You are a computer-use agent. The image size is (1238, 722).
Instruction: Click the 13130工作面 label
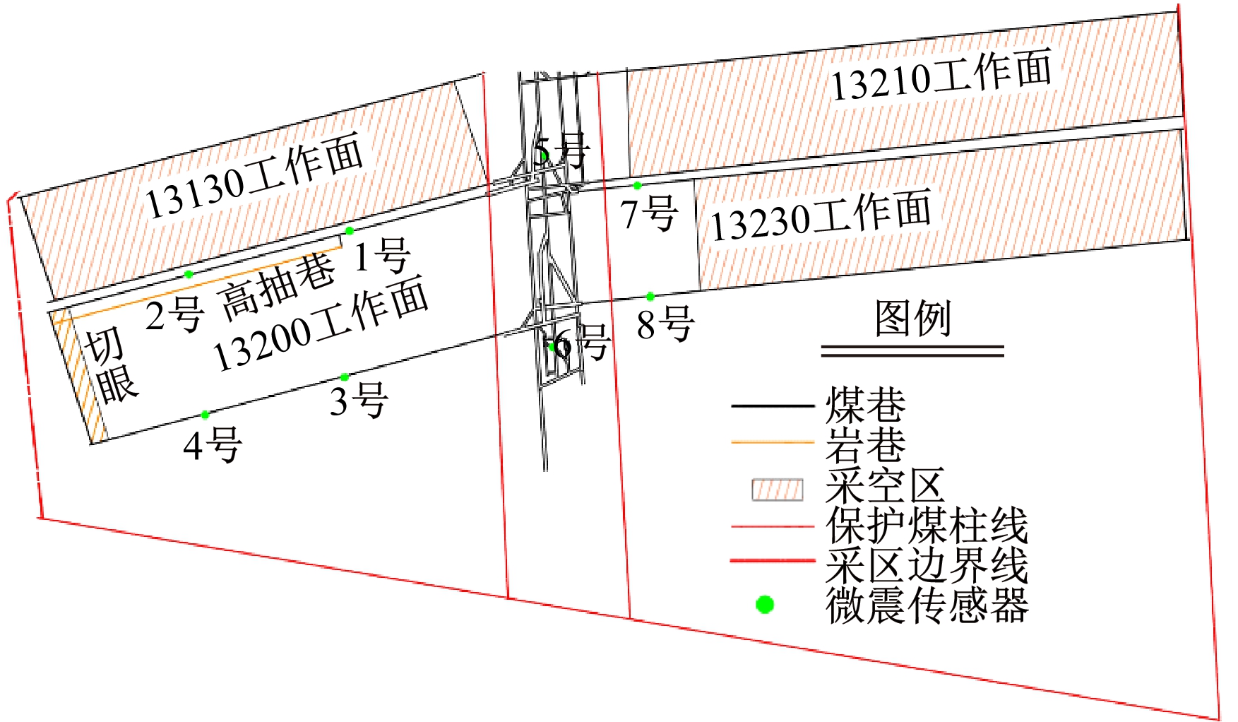(254, 175)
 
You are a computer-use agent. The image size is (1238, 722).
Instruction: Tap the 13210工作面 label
(941, 75)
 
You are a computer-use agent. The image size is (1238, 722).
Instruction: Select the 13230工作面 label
(821, 215)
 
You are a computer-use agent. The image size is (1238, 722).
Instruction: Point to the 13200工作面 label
(321, 324)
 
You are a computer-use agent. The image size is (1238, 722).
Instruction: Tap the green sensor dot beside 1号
(349, 231)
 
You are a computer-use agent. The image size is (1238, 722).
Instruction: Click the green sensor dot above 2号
(189, 274)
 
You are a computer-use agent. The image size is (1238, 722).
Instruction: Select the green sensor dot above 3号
(345, 377)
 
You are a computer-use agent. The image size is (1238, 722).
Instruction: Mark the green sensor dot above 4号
(205, 415)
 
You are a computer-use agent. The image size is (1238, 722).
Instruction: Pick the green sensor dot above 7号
(637, 186)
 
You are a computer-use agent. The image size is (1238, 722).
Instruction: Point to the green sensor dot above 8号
(650, 297)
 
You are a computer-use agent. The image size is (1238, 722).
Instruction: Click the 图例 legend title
(913, 318)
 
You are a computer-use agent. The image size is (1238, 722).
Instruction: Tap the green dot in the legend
(765, 605)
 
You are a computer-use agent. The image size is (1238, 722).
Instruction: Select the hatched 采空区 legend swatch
(777, 490)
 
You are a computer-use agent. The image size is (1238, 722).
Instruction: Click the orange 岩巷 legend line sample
(773, 443)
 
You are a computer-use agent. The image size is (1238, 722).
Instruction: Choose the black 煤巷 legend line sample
(773, 406)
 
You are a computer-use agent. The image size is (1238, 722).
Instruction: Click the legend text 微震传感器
(927, 605)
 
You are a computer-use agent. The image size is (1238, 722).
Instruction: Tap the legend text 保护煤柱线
(927, 526)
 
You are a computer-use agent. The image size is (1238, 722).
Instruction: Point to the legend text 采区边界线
(927, 565)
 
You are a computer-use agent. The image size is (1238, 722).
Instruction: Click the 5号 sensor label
(561, 151)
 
